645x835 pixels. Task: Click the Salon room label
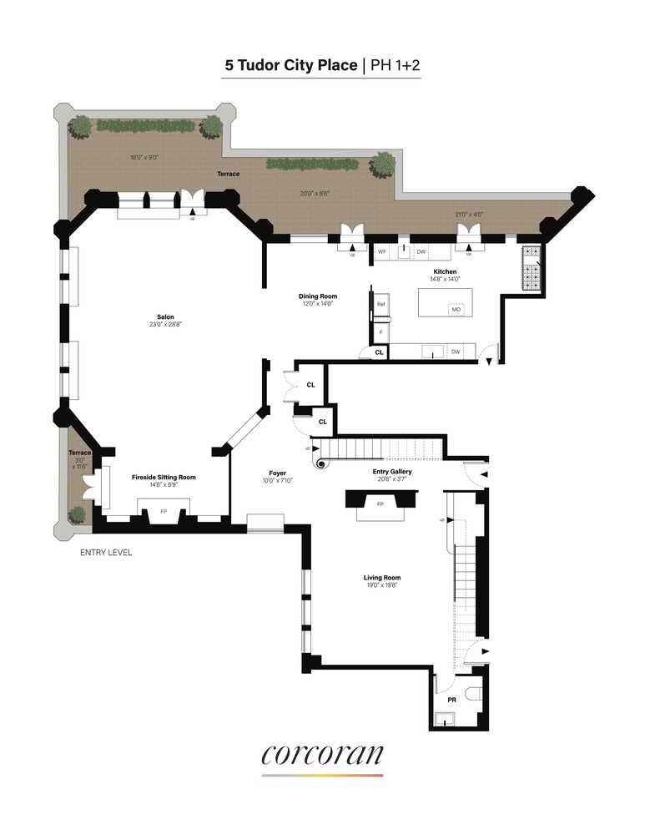tap(165, 317)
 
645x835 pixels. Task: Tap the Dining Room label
tap(317, 296)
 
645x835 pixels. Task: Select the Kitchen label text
tap(445, 272)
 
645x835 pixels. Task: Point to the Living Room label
tap(382, 578)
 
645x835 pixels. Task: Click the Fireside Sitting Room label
tap(164, 477)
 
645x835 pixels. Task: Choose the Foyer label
tap(278, 473)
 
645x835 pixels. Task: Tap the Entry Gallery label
tap(392, 472)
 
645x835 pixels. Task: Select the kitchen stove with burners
tap(532, 268)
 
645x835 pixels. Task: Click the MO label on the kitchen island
tap(456, 310)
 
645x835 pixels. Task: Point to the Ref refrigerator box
tap(381, 305)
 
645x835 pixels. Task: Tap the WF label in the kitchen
tap(382, 251)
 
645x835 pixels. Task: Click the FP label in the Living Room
tap(380, 504)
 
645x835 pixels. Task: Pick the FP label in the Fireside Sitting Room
tap(164, 511)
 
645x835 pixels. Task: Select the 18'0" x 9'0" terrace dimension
tap(144, 157)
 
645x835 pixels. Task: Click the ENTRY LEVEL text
tap(106, 553)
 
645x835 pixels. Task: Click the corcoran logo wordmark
tap(322, 755)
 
